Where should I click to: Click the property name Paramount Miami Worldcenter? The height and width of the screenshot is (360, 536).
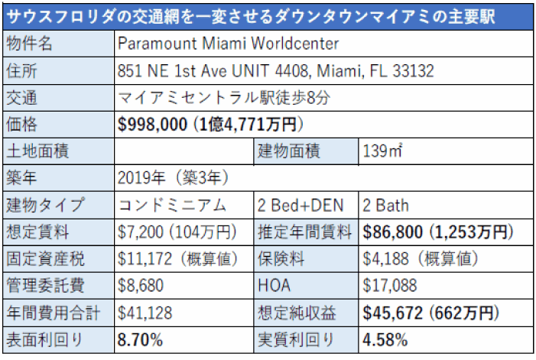229,44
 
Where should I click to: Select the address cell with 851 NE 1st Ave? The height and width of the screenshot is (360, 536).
276,71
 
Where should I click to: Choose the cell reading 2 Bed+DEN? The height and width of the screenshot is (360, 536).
300,205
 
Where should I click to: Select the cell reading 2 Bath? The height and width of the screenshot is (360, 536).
386,205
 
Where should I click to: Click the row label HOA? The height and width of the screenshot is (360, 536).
276,285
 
